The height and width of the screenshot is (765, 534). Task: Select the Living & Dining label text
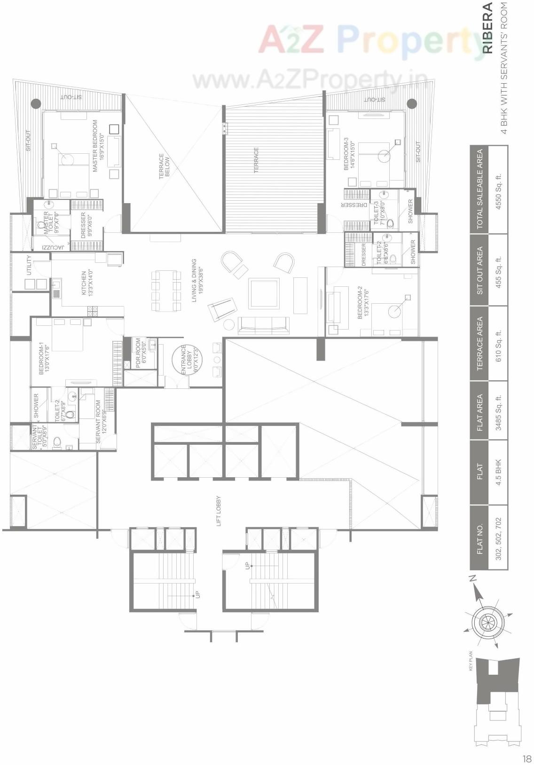pos(196,281)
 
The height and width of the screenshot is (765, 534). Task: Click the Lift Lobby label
pos(219,511)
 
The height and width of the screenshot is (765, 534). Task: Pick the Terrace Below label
pos(164,165)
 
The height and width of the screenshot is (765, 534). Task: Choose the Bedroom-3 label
pos(349,154)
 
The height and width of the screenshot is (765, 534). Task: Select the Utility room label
pos(29,266)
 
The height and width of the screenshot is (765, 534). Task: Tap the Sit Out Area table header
pos(479,271)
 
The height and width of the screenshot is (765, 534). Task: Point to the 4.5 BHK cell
pos(499,472)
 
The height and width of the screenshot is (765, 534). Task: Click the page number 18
pos(526,758)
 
